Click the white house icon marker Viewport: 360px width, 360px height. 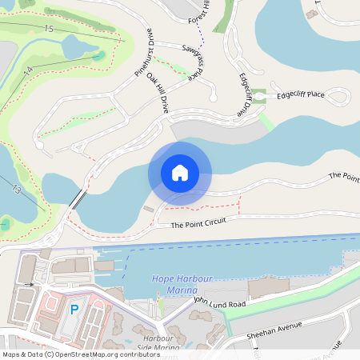click(179, 173)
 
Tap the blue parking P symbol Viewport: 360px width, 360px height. click(74, 309)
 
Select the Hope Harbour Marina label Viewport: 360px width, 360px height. click(178, 283)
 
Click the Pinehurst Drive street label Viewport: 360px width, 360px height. click(142, 56)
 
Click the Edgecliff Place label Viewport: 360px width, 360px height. click(301, 94)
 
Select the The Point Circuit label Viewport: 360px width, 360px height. click(198, 224)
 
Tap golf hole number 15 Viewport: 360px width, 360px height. click(49, 29)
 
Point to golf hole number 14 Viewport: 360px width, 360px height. click(27, 72)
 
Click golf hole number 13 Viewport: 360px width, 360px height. click(16, 189)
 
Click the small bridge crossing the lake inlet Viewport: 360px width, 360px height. click(77, 200)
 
